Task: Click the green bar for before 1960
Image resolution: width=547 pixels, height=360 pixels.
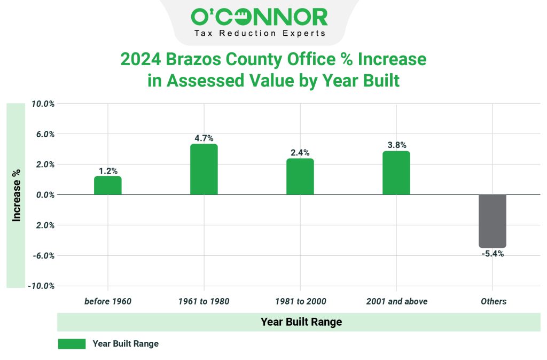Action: tap(108, 185)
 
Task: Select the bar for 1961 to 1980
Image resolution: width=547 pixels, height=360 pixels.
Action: tap(204, 169)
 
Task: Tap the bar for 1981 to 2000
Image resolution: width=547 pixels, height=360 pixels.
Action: tap(300, 177)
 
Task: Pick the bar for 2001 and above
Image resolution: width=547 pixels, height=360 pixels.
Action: tap(396, 173)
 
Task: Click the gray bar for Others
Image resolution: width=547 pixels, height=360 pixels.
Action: tap(493, 221)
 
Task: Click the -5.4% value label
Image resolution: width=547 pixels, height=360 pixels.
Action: tap(493, 254)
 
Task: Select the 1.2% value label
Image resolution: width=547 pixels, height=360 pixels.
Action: tap(108, 171)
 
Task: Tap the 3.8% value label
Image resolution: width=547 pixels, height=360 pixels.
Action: tap(396, 145)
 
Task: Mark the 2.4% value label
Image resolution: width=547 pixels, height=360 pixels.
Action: tap(300, 153)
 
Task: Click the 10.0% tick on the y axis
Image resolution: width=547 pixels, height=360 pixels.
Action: tap(43, 104)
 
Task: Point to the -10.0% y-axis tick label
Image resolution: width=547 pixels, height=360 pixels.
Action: tap(42, 286)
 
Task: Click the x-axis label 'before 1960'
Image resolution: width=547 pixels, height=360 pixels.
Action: tap(108, 301)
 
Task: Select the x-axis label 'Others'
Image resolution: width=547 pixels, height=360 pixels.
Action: tap(493, 301)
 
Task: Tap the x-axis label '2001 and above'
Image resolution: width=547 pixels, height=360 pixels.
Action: tap(396, 301)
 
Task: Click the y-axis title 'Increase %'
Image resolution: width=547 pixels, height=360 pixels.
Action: tap(17, 195)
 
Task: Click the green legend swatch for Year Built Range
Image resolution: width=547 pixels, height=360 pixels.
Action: tap(72, 344)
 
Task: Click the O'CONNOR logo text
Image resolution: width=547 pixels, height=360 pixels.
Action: tap(259, 17)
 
